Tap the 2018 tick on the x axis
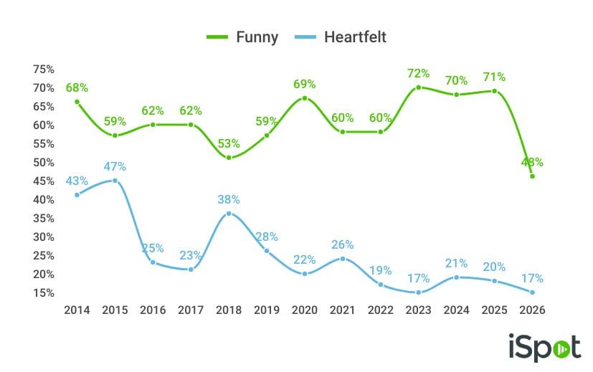pos(229,310)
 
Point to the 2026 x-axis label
pos(532,310)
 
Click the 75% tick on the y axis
pos(44,70)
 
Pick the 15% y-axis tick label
pos(44,293)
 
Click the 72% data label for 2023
pos(418,73)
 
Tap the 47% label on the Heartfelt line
pos(115,167)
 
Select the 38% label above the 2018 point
pos(229,200)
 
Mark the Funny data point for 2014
pos(77,102)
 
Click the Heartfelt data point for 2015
pos(115,181)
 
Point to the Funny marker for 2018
pos(229,158)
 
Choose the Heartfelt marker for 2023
pos(418,292)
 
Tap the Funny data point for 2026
pos(532,176)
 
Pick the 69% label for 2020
pos(305,85)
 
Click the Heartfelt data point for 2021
pos(343,258)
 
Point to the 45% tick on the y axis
pos(44,181)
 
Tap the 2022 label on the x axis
pos(380,310)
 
